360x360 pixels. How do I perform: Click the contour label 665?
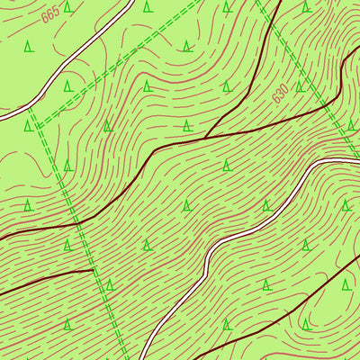pyautogui.click(x=49, y=13)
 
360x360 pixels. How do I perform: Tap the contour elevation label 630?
pyautogui.click(x=282, y=93)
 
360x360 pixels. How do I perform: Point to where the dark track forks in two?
pyautogui.click(x=206, y=137)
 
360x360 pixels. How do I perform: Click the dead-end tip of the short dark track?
pyautogui.click(x=94, y=269)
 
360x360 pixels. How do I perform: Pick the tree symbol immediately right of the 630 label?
pyautogui.click(x=301, y=86)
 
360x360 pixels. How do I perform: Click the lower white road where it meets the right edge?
pyautogui.click(x=358, y=160)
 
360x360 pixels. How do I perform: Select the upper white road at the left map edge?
pyautogui.click(x=2, y=117)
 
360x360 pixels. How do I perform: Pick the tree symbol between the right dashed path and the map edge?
pyautogui.click(x=350, y=125)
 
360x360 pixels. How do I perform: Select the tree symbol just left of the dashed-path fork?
pyautogui.click(x=28, y=125)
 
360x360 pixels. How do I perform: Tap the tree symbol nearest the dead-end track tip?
pyautogui.click(x=109, y=284)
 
